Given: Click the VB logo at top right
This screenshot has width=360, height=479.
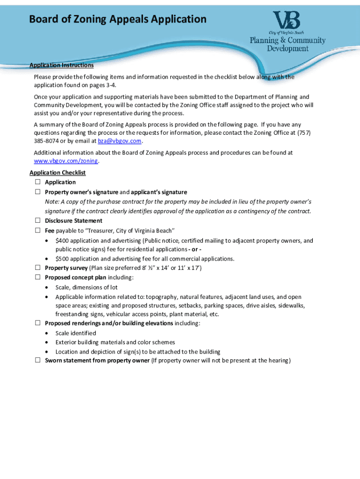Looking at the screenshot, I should (x=287, y=21).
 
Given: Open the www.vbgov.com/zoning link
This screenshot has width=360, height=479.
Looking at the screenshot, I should (x=66, y=161).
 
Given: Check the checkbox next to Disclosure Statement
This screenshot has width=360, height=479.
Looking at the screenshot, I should (x=37, y=220).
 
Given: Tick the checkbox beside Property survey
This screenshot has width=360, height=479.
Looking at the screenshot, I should (x=37, y=268).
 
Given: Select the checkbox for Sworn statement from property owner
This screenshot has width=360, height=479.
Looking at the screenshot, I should (x=37, y=360).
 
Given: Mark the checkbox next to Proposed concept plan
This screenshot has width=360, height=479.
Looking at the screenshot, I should (x=37, y=277).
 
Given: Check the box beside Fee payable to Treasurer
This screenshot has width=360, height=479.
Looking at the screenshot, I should (x=37, y=230).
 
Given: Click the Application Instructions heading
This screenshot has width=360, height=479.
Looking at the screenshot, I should (x=61, y=65).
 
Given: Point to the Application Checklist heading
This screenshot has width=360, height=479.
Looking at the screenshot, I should (x=58, y=173).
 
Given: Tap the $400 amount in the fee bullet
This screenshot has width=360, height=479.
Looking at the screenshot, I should (x=62, y=241).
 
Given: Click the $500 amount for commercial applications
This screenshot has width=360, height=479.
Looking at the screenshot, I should (x=62, y=259).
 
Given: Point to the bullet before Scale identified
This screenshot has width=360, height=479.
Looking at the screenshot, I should (x=47, y=333).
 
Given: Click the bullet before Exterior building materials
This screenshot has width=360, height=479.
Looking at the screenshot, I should (x=47, y=342).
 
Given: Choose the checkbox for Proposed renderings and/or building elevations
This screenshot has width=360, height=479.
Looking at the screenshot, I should (x=37, y=323).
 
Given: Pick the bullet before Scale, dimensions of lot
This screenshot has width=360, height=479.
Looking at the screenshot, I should (x=47, y=287).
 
